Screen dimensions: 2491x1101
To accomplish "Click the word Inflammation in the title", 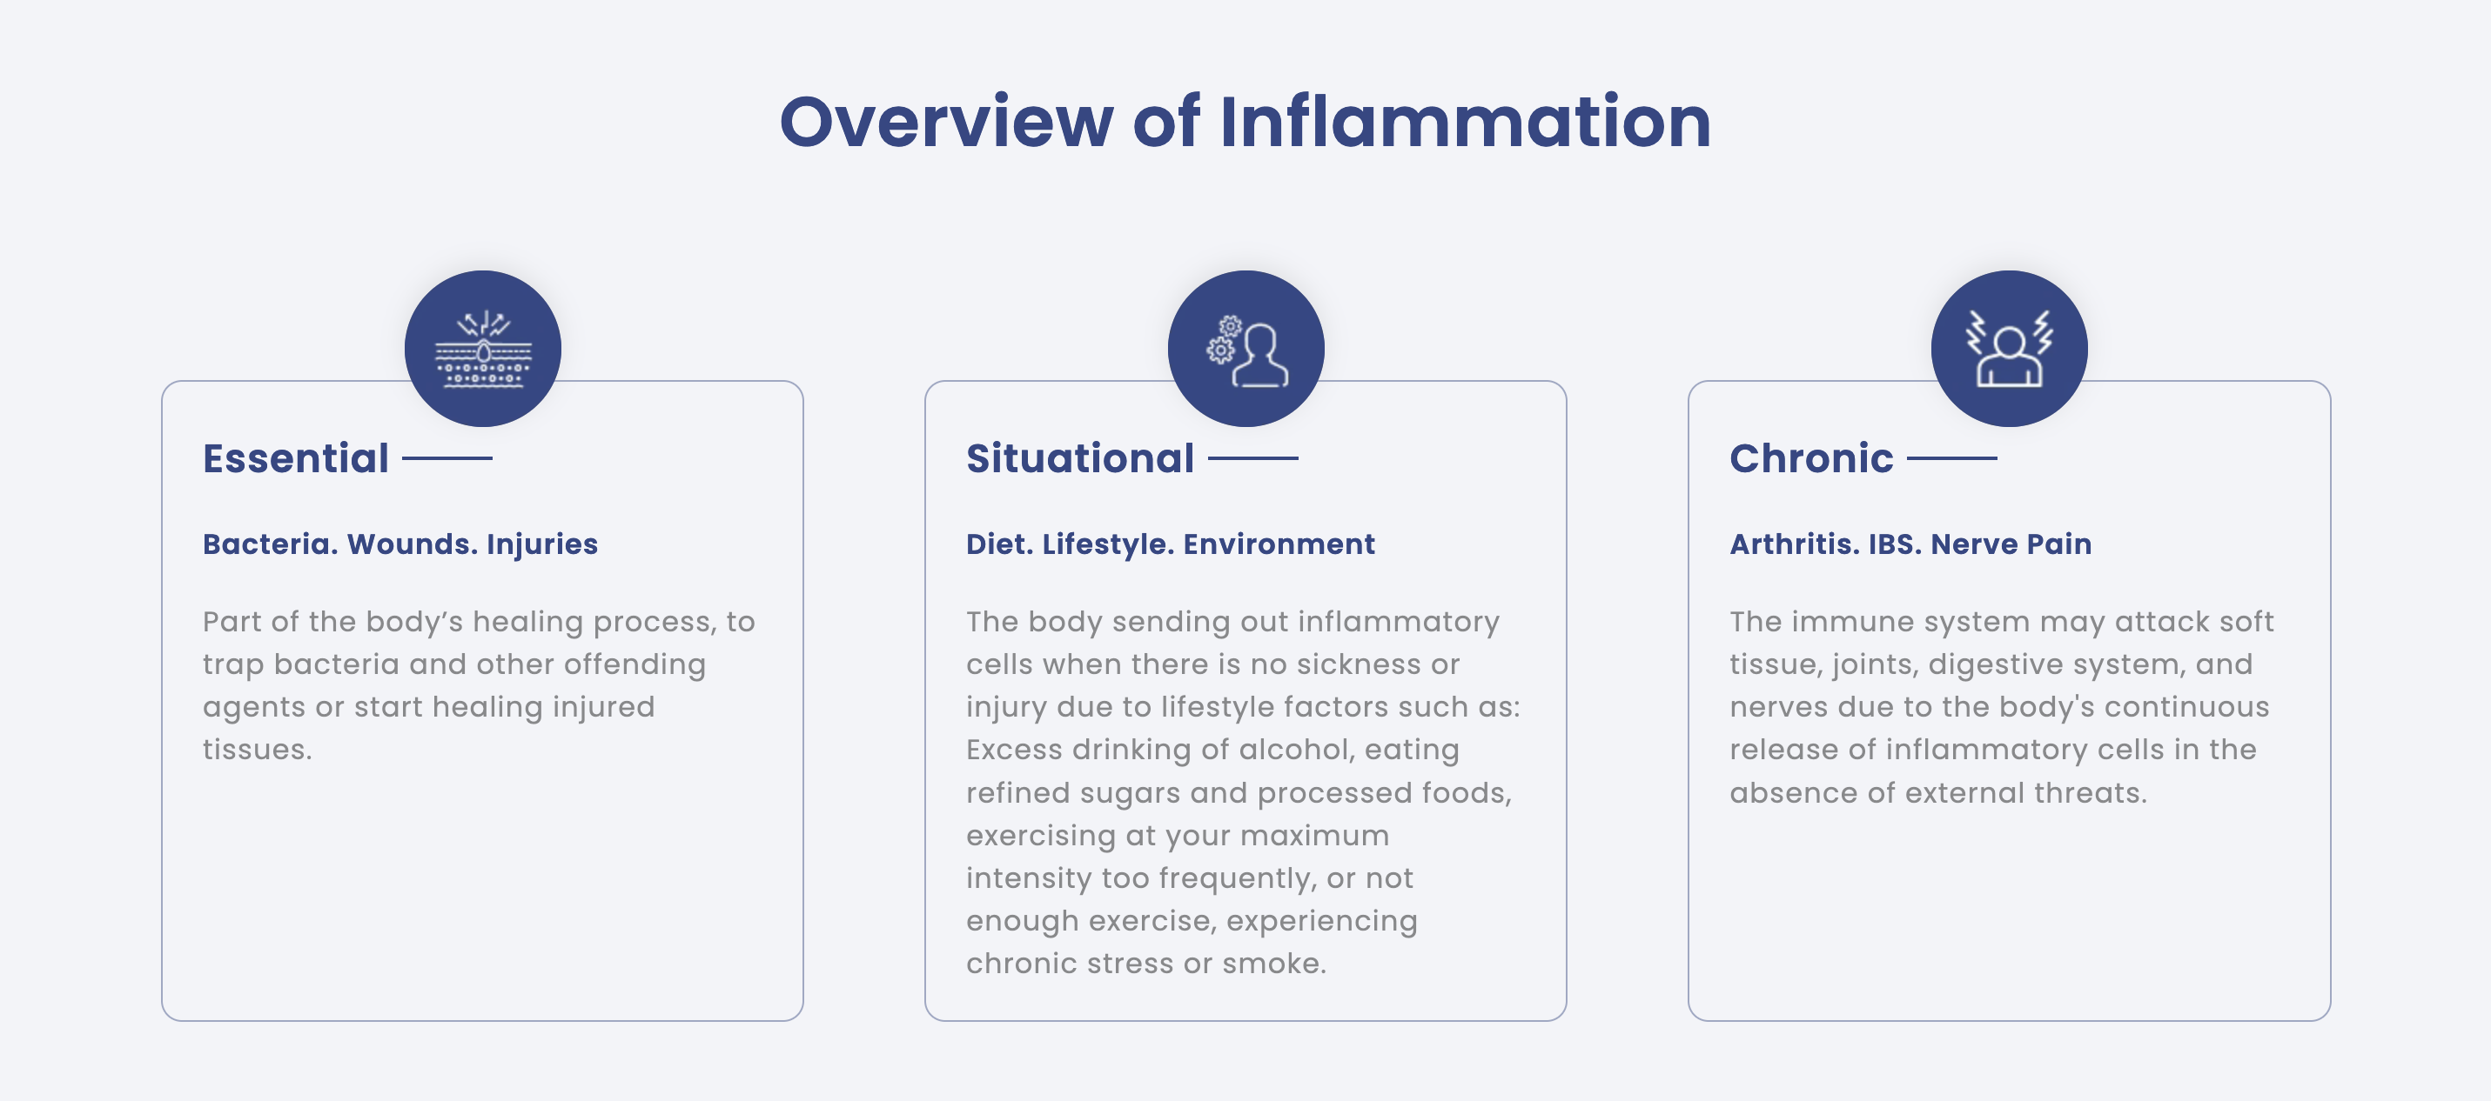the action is click(x=1465, y=122).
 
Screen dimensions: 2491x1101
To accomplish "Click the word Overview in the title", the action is click(x=947, y=122).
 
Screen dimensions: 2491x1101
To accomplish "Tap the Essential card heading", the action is click(x=296, y=458).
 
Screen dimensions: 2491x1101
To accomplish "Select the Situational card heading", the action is click(x=1080, y=458).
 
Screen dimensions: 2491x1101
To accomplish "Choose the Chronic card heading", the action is click(x=1811, y=458).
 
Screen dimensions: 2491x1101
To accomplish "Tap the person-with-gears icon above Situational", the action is click(x=1246, y=349).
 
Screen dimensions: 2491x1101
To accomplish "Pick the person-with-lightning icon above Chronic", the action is click(x=2010, y=349).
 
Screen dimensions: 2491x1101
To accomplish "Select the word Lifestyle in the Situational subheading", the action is click(x=1108, y=544).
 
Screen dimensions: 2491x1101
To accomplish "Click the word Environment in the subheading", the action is click(x=1279, y=544).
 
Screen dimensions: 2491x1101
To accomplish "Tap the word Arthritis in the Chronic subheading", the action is click(x=1795, y=544).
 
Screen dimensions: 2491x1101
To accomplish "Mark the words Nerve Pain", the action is click(x=2011, y=544).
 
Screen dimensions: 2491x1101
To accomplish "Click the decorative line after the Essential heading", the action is click(x=446, y=458).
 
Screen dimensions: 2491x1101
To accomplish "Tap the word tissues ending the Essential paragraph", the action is click(x=258, y=751).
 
